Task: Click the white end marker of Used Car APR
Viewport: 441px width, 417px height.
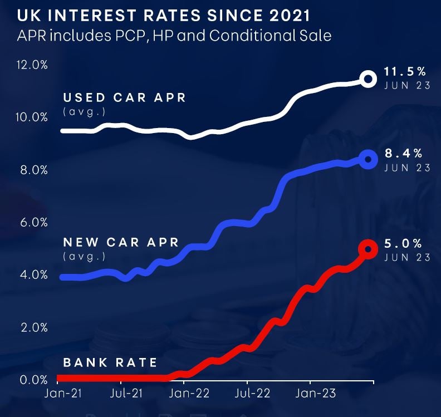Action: click(367, 79)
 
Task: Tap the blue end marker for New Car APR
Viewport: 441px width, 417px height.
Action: click(367, 159)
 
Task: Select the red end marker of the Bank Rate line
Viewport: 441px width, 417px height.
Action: click(367, 249)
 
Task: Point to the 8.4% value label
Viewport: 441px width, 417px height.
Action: click(403, 153)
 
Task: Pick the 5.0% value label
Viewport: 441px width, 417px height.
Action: click(403, 243)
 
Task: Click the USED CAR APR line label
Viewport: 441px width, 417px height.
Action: click(124, 98)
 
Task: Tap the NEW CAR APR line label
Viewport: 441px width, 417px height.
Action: click(121, 243)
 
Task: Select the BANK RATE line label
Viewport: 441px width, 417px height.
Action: click(110, 362)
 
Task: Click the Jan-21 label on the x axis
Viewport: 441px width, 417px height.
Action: click(62, 393)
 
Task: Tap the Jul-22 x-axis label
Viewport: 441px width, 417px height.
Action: click(253, 393)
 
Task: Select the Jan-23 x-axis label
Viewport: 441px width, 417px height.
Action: click(315, 393)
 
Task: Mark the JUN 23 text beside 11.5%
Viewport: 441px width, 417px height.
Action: click(407, 86)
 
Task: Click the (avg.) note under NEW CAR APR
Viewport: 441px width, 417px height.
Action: click(84, 257)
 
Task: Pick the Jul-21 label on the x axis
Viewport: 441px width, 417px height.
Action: click(126, 393)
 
